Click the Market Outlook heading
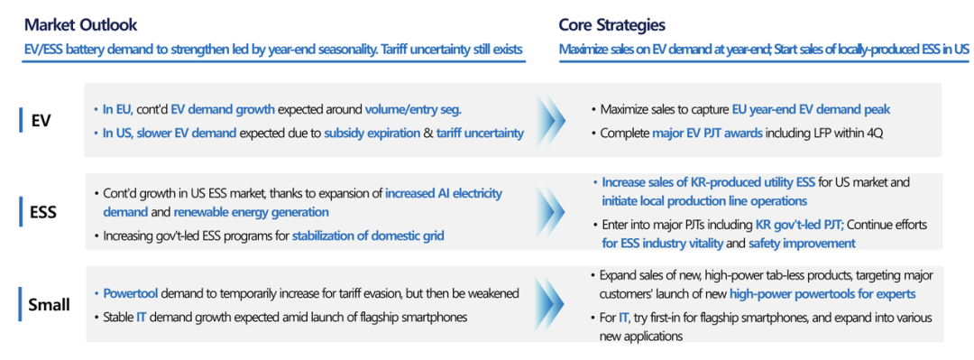[81, 25]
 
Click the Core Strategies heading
[612, 25]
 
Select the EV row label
[41, 120]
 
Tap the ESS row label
[43, 212]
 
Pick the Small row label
[49, 305]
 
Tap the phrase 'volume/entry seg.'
[413, 110]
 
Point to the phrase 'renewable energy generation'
[251, 212]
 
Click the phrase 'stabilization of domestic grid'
[368, 235]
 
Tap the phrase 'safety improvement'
[802, 243]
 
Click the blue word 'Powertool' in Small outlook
[129, 293]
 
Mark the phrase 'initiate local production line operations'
[704, 201]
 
